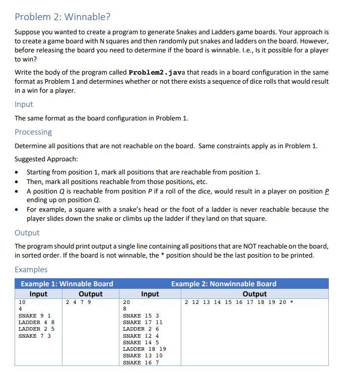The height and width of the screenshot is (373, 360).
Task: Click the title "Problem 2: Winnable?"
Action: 62,17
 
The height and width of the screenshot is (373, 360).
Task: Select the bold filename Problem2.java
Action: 158,72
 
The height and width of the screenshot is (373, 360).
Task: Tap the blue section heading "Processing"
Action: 33,132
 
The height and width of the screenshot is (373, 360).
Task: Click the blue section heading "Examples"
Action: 31,269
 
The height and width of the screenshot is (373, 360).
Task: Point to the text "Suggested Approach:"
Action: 46,159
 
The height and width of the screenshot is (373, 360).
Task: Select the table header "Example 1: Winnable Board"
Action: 67,284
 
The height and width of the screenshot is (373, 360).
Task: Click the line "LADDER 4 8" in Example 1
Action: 36,323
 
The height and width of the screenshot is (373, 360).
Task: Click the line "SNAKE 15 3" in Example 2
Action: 141,316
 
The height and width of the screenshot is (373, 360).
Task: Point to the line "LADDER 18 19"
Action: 145,349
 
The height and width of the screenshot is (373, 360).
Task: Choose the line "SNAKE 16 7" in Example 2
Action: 141,362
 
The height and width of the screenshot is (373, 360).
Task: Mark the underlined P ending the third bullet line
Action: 326,191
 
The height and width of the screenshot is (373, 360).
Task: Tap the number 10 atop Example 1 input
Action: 22,302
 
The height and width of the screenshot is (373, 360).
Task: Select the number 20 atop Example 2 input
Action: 126,302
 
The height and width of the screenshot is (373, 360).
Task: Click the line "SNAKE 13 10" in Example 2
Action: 142,355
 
